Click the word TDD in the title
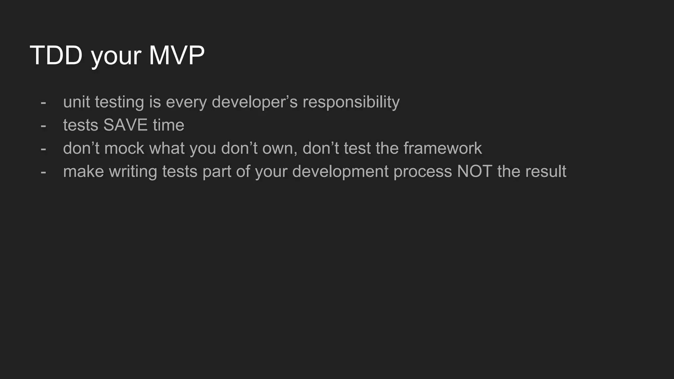[56, 55]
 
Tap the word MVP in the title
[177, 55]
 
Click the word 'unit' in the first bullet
[76, 102]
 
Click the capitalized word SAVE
[125, 125]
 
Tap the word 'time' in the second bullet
[168, 125]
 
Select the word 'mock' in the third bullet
[124, 148]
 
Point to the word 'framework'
[442, 148]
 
